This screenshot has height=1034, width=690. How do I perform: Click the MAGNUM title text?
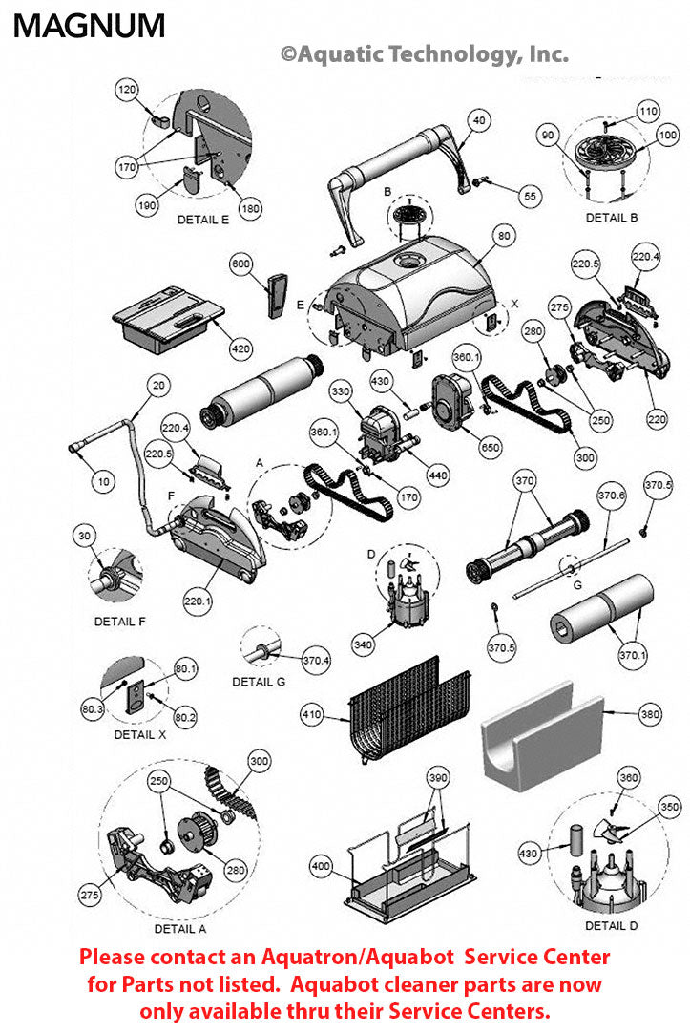coord(89,26)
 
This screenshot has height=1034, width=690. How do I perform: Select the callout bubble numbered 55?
coord(531,195)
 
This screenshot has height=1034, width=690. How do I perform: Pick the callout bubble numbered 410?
coord(312,712)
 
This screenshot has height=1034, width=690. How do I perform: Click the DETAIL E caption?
coord(203,220)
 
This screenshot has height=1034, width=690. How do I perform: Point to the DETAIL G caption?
coord(259,682)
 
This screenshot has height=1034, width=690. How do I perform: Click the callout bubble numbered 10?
coord(102,481)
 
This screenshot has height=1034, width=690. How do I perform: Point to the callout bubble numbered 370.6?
coord(611,496)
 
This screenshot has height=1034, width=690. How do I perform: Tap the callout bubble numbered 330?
coord(341,392)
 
